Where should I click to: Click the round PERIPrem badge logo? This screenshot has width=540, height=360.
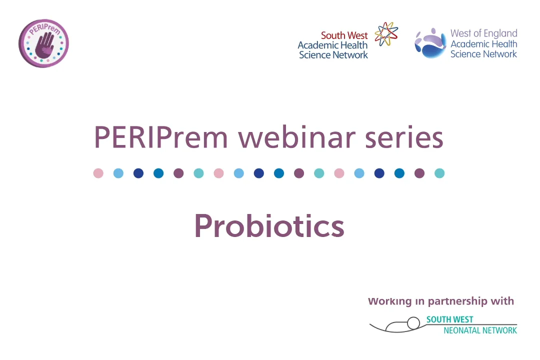tap(43, 43)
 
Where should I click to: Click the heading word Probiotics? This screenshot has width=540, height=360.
tap(269, 226)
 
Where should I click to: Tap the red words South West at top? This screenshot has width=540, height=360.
tap(344, 35)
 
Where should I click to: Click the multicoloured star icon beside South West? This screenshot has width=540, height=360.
tap(386, 34)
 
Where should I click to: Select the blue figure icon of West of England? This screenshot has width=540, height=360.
tap(430, 43)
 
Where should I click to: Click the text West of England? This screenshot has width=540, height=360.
tap(483, 33)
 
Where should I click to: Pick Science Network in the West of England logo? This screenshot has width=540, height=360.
tap(483, 54)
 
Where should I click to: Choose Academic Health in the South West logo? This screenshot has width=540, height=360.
tap(332, 45)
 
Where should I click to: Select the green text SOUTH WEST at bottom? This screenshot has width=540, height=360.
tap(449, 319)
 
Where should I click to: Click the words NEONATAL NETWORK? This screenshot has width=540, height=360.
tap(480, 330)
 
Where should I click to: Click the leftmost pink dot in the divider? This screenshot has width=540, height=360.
tap(98, 173)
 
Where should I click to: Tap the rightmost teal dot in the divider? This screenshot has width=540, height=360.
tap(439, 173)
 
